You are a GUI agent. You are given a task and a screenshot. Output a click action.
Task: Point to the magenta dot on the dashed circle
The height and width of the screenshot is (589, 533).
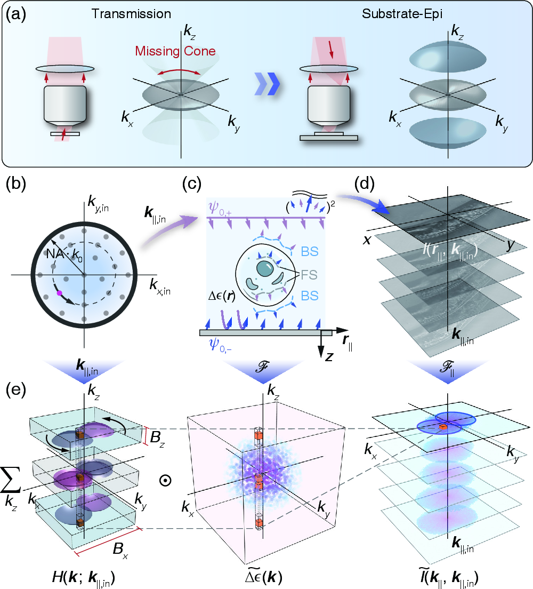coord(60,292)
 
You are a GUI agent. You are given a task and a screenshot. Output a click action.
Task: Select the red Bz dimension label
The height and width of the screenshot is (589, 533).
coord(158,437)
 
